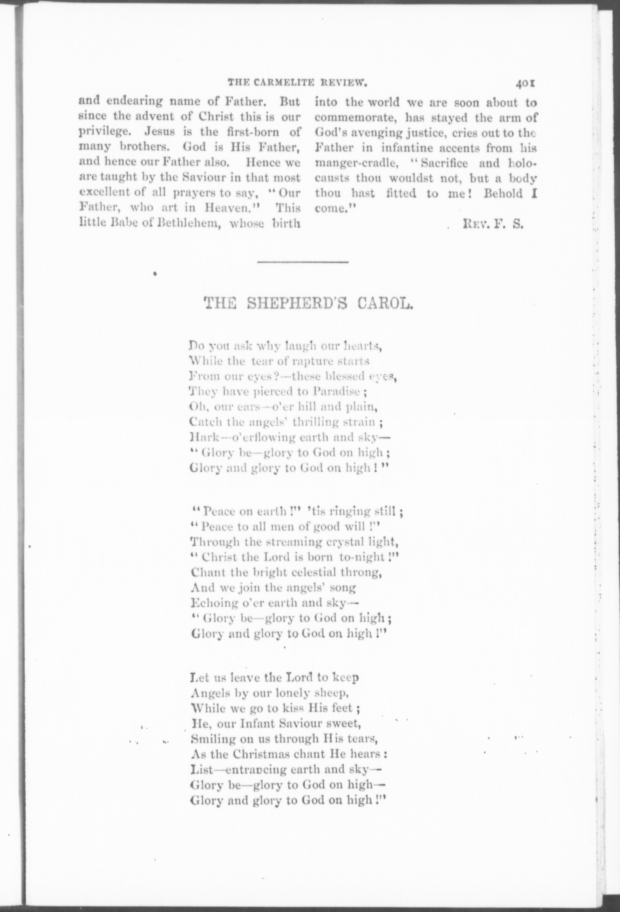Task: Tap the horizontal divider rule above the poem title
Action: [x=303, y=263]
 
